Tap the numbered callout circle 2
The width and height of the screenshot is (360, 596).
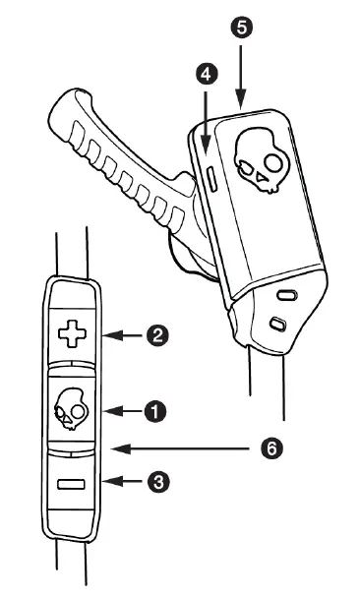(x=154, y=336)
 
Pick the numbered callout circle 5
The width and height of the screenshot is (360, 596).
(x=241, y=27)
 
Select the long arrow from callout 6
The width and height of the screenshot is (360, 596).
(x=187, y=448)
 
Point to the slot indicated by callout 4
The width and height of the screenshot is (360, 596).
(x=212, y=179)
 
